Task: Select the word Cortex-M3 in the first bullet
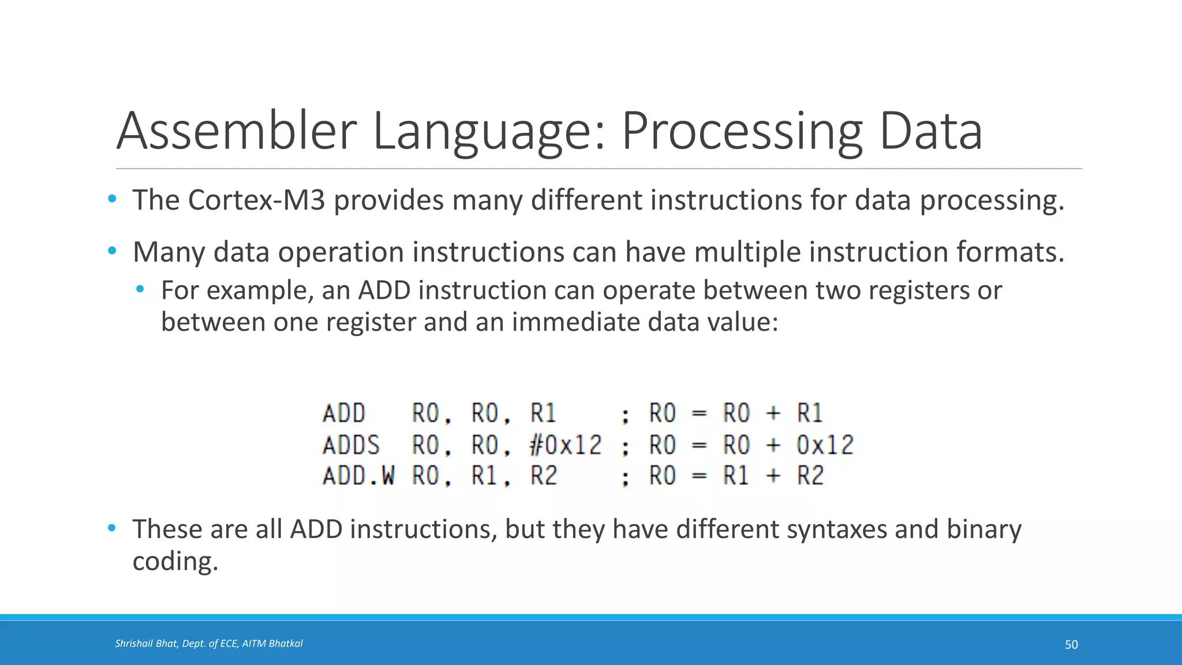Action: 256,200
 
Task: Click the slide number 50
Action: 1071,644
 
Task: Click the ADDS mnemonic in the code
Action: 351,445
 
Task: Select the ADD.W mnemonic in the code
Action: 358,476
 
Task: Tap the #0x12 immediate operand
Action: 566,445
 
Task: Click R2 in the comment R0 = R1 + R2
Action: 810,476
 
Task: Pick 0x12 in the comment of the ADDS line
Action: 825,445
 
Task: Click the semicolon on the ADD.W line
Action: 625,478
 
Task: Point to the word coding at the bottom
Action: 175,561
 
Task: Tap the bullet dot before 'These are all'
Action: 112,528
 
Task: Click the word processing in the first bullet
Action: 990,200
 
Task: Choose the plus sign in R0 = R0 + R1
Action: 773,413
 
